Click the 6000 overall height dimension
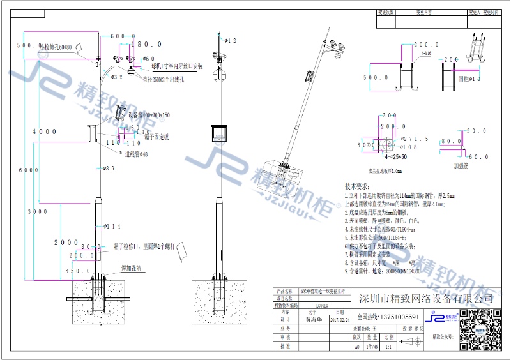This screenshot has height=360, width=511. [x=25, y=170]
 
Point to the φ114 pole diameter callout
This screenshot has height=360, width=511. [x=111, y=227]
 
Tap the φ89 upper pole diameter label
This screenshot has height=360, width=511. [x=109, y=169]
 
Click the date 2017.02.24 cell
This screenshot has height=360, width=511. [x=339, y=321]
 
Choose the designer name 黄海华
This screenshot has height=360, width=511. [x=313, y=321]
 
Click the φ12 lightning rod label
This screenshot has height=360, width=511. [x=228, y=41]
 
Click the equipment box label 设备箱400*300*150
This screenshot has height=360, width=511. [x=149, y=116]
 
